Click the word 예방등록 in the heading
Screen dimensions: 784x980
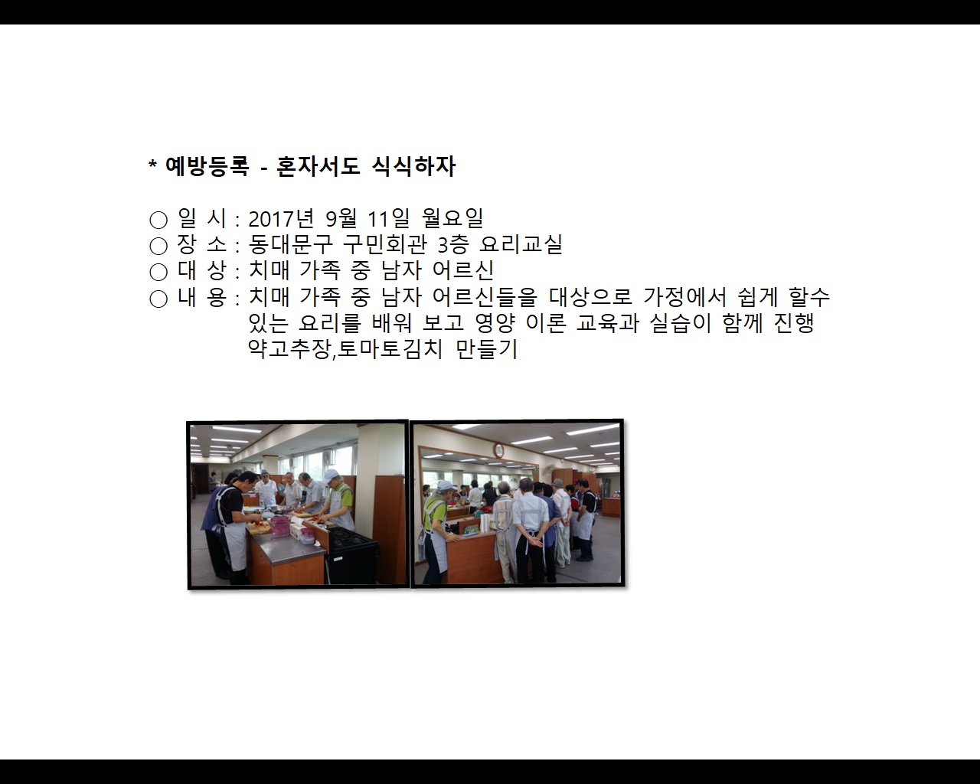click(x=207, y=166)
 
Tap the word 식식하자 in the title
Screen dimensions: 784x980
click(x=413, y=166)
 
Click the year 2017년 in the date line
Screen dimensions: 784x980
click(x=281, y=218)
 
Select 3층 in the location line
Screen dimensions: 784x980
click(x=452, y=244)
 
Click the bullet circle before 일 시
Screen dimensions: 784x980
click(x=158, y=220)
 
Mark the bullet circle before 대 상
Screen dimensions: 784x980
click(x=158, y=272)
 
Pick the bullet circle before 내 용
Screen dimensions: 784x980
click(x=158, y=299)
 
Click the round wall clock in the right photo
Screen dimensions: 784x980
click(x=498, y=450)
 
